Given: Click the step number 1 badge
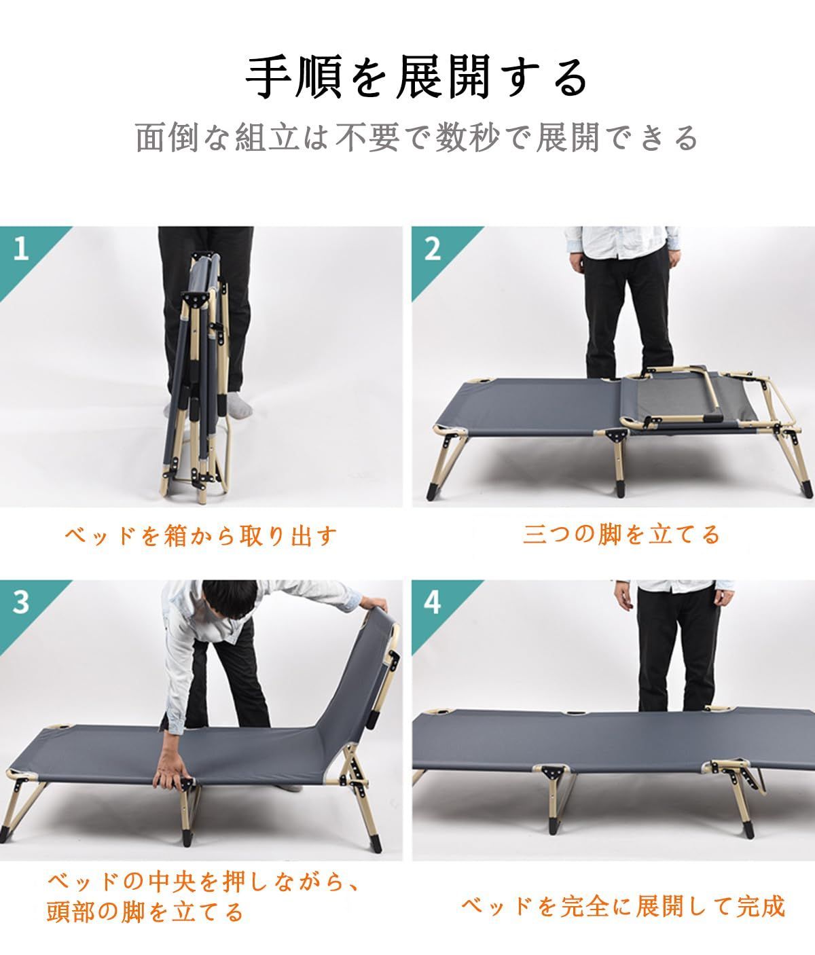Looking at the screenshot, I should [21, 249].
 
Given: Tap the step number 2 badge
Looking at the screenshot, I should [432, 249].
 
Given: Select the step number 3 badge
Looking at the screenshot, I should [21, 602].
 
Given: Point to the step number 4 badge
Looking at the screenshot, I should [432, 602].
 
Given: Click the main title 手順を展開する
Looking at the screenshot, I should [416, 79].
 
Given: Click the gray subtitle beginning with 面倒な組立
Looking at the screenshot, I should [417, 138].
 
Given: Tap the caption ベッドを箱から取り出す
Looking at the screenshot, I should [201, 536].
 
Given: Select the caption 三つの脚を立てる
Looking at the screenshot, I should [621, 535].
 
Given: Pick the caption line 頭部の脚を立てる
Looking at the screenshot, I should [145, 911].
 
